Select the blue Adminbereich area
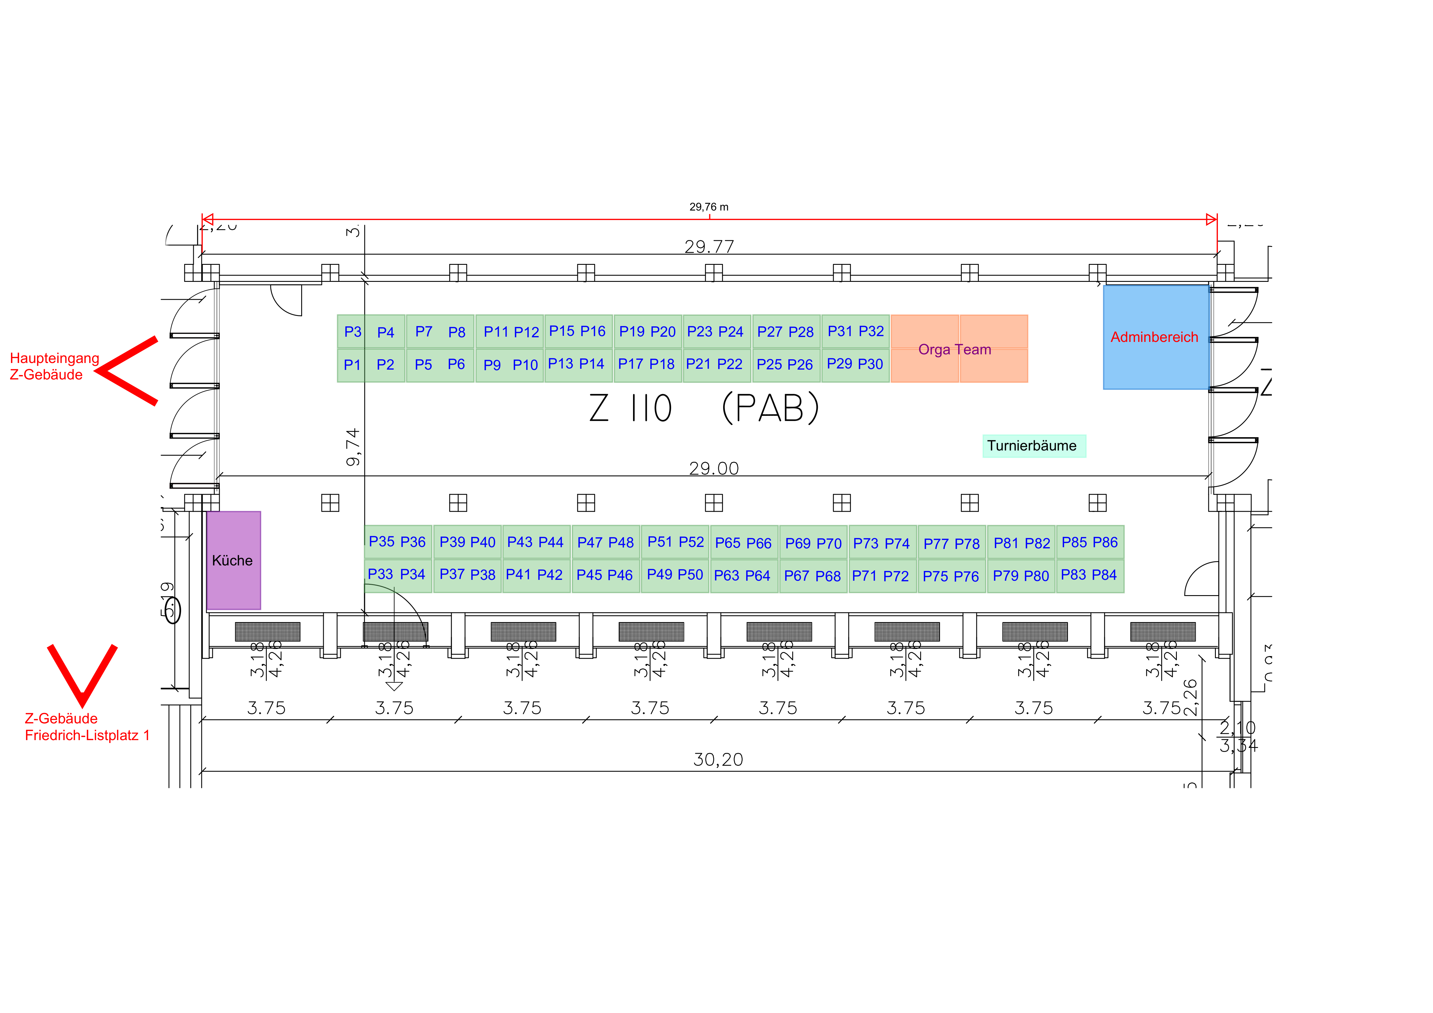coord(1155,337)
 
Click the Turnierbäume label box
coord(1034,446)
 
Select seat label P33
coord(380,574)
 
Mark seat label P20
coord(663,332)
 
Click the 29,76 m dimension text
coord(708,207)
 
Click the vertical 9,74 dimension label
coord(353,447)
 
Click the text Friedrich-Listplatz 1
coord(88,735)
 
